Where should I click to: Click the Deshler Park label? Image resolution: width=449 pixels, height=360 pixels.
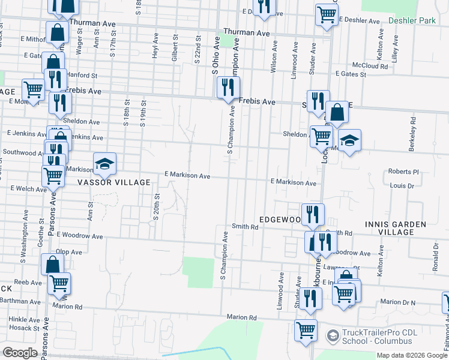[x=411, y=20]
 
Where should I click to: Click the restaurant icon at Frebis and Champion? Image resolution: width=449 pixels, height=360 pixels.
[x=228, y=88]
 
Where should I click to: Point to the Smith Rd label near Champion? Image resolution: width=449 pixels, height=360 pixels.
[x=245, y=227]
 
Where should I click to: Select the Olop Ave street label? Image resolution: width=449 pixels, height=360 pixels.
[x=68, y=252]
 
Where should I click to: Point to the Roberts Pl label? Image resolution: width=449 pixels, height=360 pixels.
[x=402, y=172]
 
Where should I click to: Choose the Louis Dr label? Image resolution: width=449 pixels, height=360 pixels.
[x=402, y=186]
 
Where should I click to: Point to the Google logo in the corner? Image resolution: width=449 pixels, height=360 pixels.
[x=20, y=353]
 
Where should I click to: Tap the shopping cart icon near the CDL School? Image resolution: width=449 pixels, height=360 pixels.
[x=306, y=331]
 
